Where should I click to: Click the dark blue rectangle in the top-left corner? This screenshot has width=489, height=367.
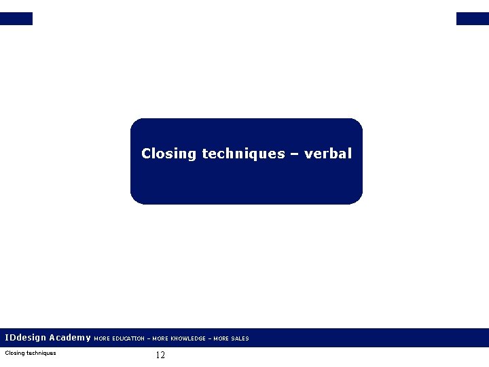(16, 18)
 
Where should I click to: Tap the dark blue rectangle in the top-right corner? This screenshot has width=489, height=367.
(472, 18)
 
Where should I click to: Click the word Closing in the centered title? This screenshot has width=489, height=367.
(169, 154)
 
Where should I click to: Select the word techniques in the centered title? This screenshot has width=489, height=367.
(243, 154)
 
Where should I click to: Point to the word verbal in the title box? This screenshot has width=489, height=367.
(329, 154)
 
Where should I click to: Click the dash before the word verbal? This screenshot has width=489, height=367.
(295, 154)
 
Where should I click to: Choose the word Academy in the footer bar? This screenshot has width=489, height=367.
(70, 338)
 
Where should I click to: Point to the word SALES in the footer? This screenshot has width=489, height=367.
(240, 338)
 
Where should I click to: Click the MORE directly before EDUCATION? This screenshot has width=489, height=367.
(101, 338)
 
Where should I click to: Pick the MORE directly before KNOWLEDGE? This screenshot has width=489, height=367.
(161, 338)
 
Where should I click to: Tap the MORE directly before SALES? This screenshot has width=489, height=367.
(221, 338)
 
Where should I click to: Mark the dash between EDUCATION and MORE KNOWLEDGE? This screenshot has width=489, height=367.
(149, 338)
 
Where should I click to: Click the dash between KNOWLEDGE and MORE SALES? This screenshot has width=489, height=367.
(209, 338)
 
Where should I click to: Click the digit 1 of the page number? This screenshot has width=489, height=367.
(158, 355)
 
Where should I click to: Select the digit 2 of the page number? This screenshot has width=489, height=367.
(163, 355)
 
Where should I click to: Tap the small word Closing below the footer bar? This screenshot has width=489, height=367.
(14, 353)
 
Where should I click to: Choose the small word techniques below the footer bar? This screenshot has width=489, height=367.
(41, 353)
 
